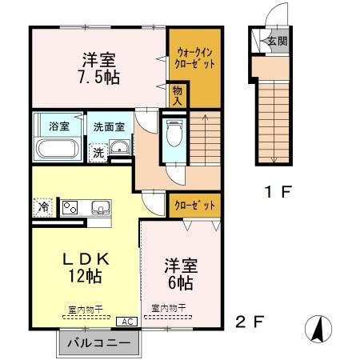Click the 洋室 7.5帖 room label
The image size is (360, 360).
pyautogui.click(x=99, y=70)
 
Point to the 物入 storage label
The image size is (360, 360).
pyautogui.click(x=178, y=97)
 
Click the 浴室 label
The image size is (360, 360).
pyautogui.click(x=58, y=126)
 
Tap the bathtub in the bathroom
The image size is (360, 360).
pyautogui.click(x=56, y=150)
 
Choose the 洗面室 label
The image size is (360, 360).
pyautogui.click(x=108, y=126)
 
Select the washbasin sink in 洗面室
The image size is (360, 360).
pyautogui.click(x=118, y=148)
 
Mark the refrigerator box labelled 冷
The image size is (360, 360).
pyautogui.click(x=44, y=206)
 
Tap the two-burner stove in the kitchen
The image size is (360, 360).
pyautogui.click(x=70, y=207)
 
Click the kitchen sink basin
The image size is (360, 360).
pyautogui.click(x=100, y=209)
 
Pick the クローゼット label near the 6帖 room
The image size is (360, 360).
pyautogui.click(x=195, y=206)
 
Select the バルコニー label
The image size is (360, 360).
pyautogui.click(x=98, y=342)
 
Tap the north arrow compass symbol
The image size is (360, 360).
pyautogui.click(x=316, y=327)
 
